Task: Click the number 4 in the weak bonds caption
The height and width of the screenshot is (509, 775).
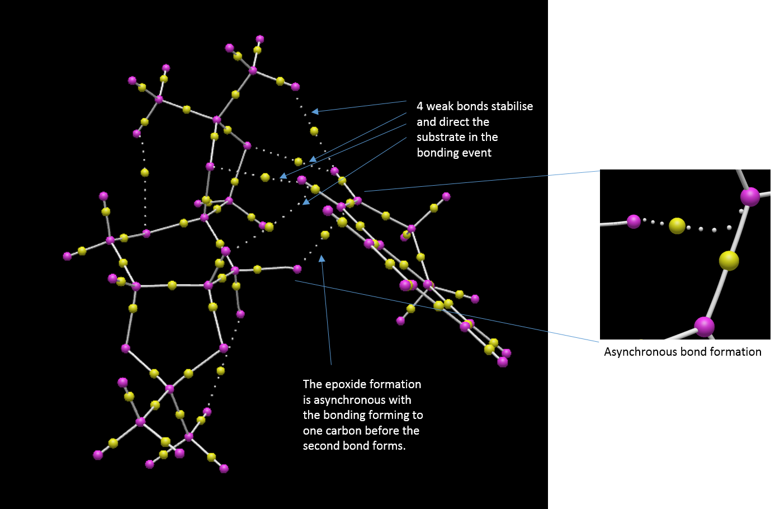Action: click(x=420, y=107)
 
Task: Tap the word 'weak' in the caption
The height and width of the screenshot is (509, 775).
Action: click(x=440, y=107)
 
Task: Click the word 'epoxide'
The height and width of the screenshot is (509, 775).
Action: click(x=350, y=385)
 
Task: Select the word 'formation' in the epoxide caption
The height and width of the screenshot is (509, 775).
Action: click(x=399, y=385)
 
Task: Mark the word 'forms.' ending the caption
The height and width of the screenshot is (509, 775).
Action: click(x=389, y=446)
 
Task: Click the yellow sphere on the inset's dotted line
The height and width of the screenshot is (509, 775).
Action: click(x=677, y=226)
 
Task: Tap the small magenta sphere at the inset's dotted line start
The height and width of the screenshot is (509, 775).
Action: click(x=634, y=221)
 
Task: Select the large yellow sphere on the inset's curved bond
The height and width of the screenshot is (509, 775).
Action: click(x=729, y=261)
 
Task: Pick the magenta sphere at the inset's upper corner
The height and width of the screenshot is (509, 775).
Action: click(x=750, y=197)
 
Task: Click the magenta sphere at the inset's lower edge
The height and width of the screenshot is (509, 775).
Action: click(x=704, y=326)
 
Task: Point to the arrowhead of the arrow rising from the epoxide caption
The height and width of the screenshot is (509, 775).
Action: click(x=322, y=258)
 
